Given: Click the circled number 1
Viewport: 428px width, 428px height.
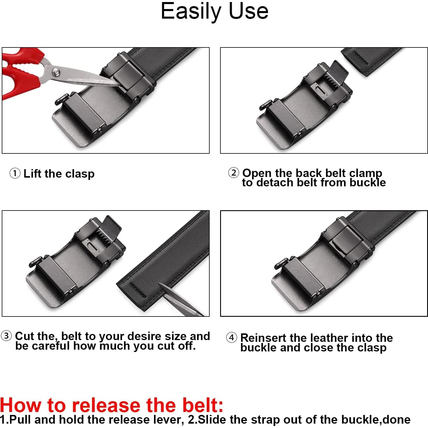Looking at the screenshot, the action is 15,173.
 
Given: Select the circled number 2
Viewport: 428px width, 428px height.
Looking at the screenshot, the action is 234,173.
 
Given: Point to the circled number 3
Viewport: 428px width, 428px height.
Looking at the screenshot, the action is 6,336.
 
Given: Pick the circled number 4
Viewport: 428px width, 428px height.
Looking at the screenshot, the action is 232,338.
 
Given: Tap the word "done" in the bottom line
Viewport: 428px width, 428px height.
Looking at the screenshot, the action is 397,420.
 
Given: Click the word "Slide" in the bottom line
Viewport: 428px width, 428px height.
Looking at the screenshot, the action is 212,420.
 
